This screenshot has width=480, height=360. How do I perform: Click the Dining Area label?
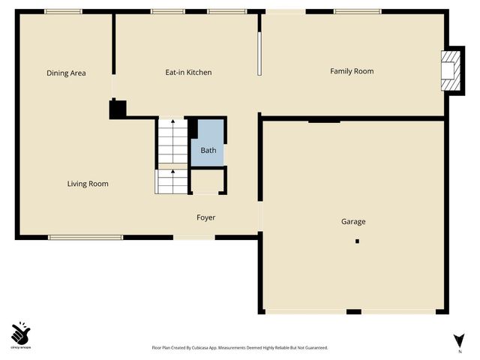[x=66, y=73]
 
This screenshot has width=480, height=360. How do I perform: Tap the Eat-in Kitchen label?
[x=188, y=73]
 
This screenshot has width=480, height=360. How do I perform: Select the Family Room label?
[x=352, y=71]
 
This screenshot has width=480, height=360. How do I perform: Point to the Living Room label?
[x=88, y=184]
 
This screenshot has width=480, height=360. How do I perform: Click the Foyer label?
[x=205, y=217]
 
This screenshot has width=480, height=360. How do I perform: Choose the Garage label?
[x=353, y=221]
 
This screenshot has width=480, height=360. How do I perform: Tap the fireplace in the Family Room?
[x=449, y=70]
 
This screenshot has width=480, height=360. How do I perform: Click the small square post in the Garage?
[x=358, y=241]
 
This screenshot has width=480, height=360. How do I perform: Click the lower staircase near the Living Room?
[x=171, y=181]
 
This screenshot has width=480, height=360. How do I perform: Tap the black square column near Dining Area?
[x=118, y=109]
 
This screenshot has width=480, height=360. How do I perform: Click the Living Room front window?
[x=85, y=238]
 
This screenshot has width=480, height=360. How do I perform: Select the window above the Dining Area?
[x=63, y=11]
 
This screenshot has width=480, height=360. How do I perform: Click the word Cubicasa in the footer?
[x=210, y=348]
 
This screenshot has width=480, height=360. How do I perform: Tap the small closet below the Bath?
[x=208, y=181]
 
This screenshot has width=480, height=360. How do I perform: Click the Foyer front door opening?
[x=193, y=238]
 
